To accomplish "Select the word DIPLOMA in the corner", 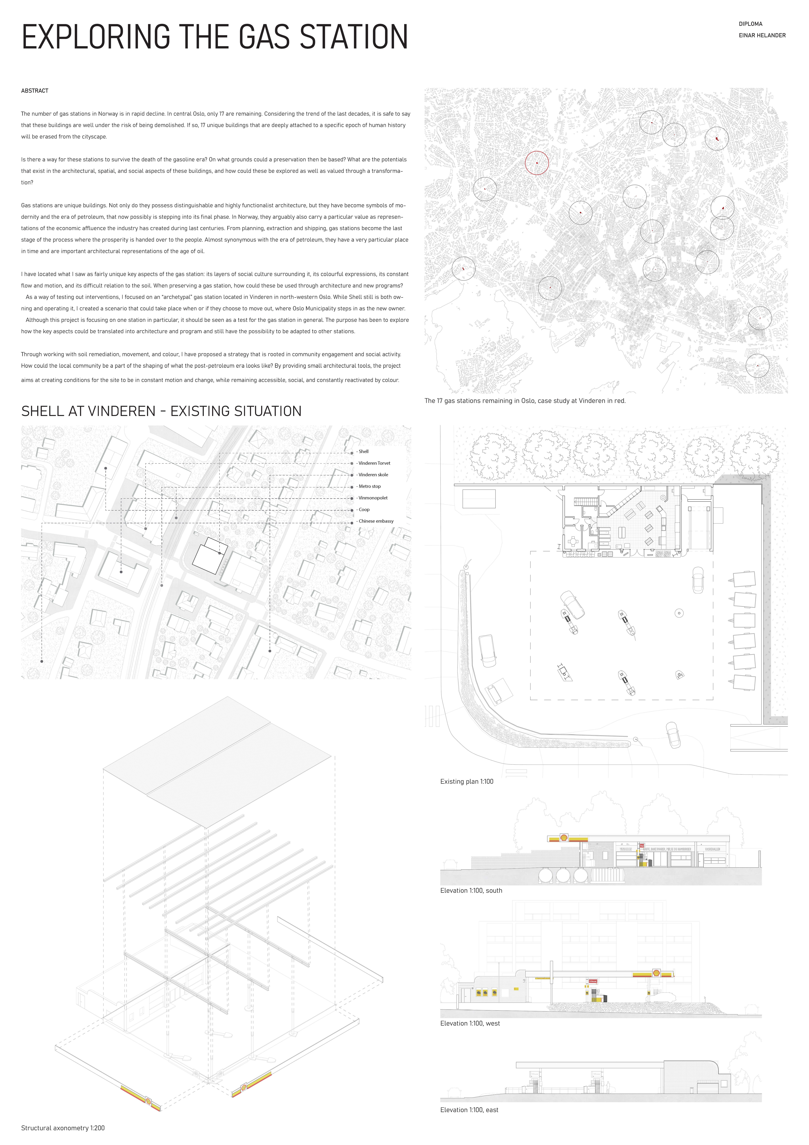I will pos(750,24).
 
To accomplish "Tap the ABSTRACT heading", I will pos(35,91).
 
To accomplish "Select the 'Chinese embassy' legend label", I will pos(376,521).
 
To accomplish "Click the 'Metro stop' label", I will pos(370,486).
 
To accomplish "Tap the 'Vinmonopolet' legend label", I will pos(373,498).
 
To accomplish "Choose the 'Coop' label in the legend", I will pos(364,510).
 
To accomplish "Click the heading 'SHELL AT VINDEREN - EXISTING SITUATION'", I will pos(161,411).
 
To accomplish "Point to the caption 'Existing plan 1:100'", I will pos(466,781).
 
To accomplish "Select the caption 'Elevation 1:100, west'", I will pos(470,1023).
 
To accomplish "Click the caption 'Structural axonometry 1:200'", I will pos(63,1128).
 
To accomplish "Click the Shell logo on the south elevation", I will pos(564,838).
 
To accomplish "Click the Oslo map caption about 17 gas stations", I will pos(525,400).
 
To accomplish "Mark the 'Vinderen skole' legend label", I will pos(373,475).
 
